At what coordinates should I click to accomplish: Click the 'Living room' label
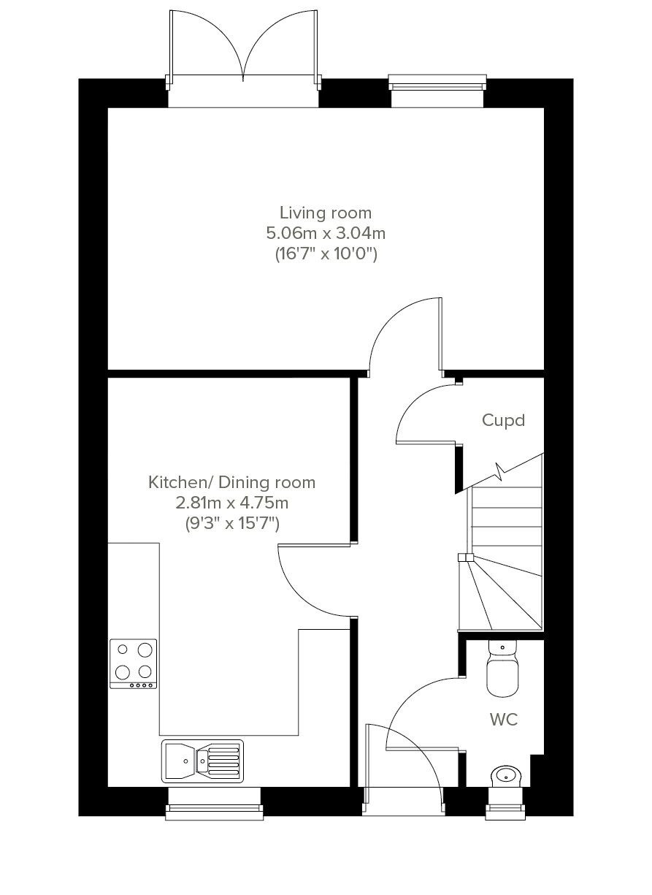[x=326, y=213]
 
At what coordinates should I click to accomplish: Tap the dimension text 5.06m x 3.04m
[x=326, y=233]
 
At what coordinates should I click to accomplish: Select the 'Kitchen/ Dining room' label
[x=231, y=483]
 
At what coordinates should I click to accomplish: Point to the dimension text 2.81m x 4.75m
[x=232, y=503]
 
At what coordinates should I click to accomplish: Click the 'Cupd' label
[x=503, y=421]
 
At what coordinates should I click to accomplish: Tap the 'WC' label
[x=504, y=720]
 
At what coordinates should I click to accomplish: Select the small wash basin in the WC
[x=506, y=777]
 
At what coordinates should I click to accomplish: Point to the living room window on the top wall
[x=437, y=91]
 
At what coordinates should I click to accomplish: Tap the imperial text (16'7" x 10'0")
[x=326, y=254]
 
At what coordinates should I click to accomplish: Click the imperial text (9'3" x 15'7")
[x=232, y=523]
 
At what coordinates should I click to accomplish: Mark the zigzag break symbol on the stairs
[x=500, y=471]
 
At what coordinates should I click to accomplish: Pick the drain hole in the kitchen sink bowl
[x=185, y=761]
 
